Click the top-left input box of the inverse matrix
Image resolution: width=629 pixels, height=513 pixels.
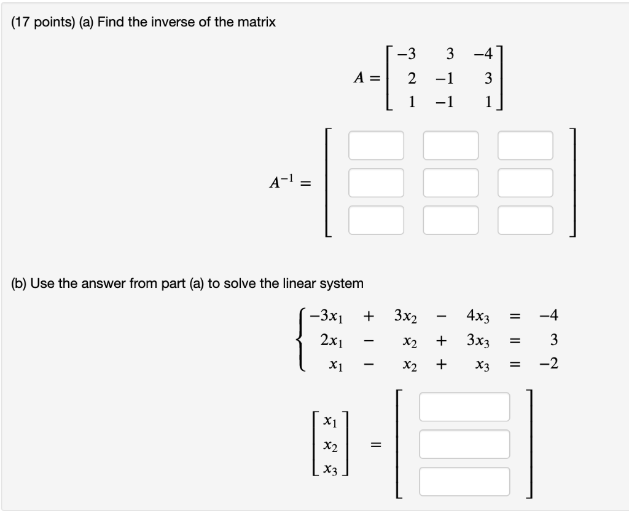377,145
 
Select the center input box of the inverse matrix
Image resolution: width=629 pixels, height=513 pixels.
451,183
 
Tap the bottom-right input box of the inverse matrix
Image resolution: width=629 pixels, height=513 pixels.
525,220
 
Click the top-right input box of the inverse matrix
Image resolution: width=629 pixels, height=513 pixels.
525,145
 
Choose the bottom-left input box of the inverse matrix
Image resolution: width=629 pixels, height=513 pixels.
377,220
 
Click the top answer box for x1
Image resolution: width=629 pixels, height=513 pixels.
464,407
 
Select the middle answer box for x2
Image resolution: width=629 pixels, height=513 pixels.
464,444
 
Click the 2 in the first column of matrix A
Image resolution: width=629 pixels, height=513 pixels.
412,78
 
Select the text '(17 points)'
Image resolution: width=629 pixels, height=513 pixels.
39,23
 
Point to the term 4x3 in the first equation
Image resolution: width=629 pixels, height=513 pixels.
477,317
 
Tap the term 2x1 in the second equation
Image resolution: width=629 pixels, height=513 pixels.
332,340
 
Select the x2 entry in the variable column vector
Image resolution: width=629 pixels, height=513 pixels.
330,445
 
